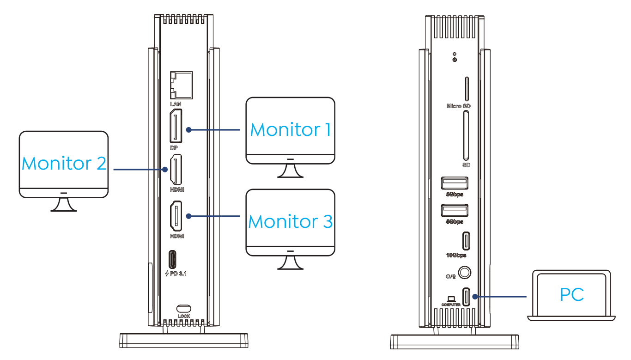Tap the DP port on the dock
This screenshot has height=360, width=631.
[176, 126]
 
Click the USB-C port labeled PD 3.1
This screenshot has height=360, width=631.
[172, 259]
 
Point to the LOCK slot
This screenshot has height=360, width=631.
[184, 308]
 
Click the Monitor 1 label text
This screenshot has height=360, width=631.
[290, 130]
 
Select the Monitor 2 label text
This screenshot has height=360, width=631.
[64, 163]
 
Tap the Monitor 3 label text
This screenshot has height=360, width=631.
[290, 222]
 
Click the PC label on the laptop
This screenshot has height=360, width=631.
[571, 294]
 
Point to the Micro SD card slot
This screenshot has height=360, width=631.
[466, 89]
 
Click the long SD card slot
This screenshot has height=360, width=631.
[466, 136]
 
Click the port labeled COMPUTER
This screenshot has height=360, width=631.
[466, 296]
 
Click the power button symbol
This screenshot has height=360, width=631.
[455, 60]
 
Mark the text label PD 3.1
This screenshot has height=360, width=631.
[176, 274]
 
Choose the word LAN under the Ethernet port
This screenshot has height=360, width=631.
[176, 104]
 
